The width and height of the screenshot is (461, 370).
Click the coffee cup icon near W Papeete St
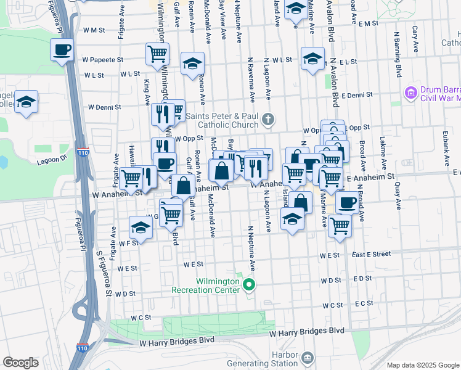coord(63,49)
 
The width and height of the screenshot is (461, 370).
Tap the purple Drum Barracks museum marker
coord(410,93)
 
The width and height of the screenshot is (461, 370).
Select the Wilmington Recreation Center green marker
coord(249,284)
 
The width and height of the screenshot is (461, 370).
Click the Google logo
coord(20,363)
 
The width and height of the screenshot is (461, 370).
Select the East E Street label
coord(372,253)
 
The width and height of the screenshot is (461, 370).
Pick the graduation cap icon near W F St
coord(141,228)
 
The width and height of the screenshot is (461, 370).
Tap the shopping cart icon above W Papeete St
coord(157,53)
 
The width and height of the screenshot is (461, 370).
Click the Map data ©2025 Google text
coord(423,365)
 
